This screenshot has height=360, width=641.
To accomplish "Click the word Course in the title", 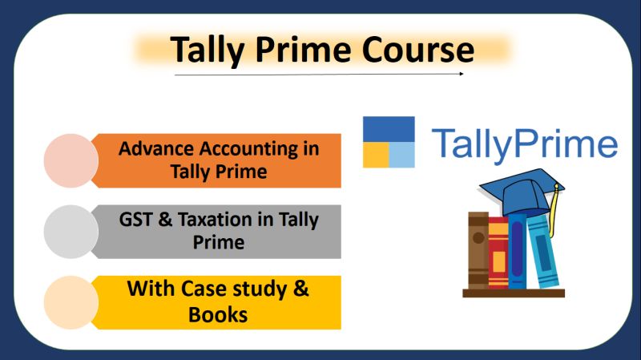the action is (417, 49).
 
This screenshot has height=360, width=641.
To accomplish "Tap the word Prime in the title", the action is (304, 49).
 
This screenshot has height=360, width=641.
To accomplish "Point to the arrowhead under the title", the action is (462, 74).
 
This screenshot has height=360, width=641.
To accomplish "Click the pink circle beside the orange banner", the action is (71, 160).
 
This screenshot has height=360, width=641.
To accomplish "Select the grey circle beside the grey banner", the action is (71, 232).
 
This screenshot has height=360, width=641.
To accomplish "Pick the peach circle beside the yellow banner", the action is (71, 302).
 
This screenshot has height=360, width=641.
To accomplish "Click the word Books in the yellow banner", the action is (218, 314).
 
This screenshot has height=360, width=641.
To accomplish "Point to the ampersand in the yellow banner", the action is (301, 289).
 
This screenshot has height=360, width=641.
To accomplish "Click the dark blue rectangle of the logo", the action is (389, 129).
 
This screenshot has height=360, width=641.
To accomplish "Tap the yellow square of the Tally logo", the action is (376, 155).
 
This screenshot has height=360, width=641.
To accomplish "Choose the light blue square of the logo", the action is (402, 155).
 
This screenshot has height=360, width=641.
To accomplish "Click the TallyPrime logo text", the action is (525, 144).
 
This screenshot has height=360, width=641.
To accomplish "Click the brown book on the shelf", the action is (478, 250).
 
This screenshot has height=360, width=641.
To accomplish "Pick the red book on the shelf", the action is (498, 253).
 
